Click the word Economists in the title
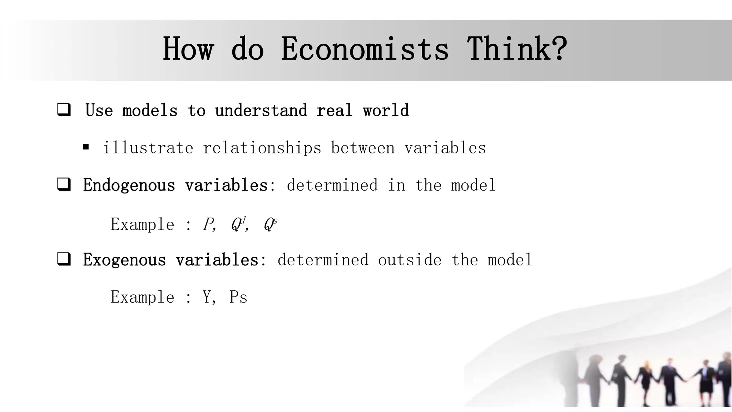tap(365, 49)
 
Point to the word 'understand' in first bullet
tap(261, 110)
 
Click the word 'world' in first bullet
tap(386, 110)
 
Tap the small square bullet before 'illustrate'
tap(86, 147)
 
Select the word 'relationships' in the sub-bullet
tap(262, 148)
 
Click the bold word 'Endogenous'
tap(129, 185)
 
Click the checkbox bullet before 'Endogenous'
tap(64, 185)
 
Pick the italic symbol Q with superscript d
tap(238, 224)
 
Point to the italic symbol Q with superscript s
tap(270, 224)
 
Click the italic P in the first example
tap(208, 225)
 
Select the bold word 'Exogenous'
tap(124, 260)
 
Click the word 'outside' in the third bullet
tap(410, 260)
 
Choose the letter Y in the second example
tap(207, 297)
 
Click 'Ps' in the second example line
tap(238, 297)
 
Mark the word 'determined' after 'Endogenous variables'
tap(332, 185)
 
